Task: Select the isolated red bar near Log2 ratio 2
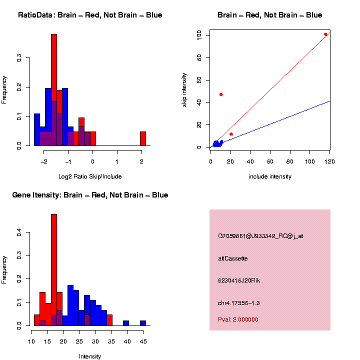point(143,138)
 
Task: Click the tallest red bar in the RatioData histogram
point(54,90)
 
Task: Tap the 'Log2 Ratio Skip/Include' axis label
point(90,176)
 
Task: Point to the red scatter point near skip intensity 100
point(326,34)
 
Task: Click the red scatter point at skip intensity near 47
point(221,94)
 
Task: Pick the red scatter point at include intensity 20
point(231,134)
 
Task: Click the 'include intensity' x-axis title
point(270,176)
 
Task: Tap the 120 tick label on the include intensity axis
point(329,161)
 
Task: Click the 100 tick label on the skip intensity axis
point(199,35)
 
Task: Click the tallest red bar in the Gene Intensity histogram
point(54,270)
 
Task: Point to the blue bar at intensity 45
point(143,323)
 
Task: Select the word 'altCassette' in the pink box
point(233,258)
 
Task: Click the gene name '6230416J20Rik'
point(239,280)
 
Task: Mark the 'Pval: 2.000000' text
point(238,319)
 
